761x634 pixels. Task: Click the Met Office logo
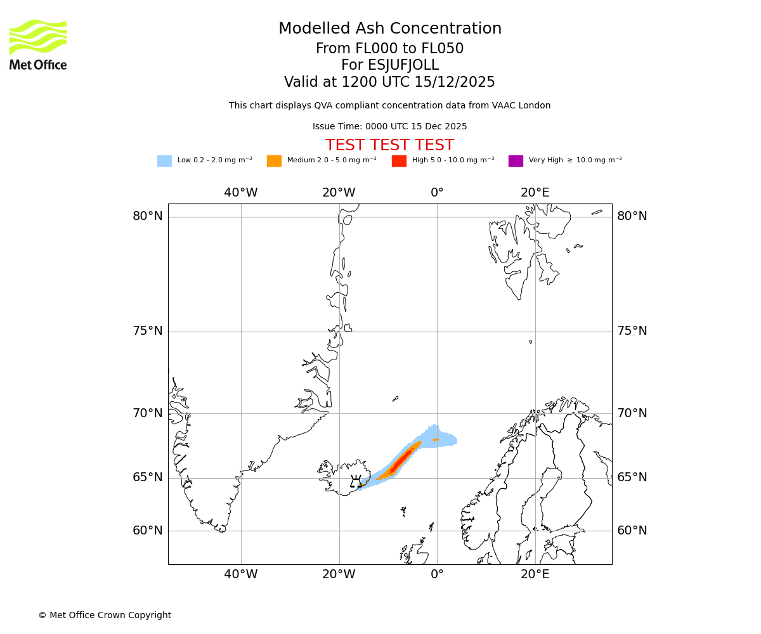[38, 44]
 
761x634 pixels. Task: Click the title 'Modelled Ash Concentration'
[390, 29]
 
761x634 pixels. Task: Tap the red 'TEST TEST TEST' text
[389, 145]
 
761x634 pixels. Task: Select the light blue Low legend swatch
[164, 160]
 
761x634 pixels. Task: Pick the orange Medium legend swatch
[274, 160]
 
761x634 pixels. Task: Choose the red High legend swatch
[399, 160]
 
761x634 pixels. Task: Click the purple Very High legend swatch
[516, 160]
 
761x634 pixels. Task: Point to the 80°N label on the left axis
[147, 216]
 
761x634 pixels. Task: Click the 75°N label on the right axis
[632, 331]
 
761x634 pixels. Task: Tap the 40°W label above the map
[241, 193]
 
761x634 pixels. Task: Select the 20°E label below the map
[535, 574]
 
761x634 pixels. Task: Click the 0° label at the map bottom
[437, 574]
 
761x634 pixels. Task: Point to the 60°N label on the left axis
[147, 531]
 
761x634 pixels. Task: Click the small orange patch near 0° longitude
[435, 439]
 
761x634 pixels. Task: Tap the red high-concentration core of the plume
[400, 462]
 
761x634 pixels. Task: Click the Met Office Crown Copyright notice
[105, 615]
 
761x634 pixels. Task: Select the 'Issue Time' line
[389, 126]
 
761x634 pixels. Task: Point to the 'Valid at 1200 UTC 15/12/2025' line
[389, 82]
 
